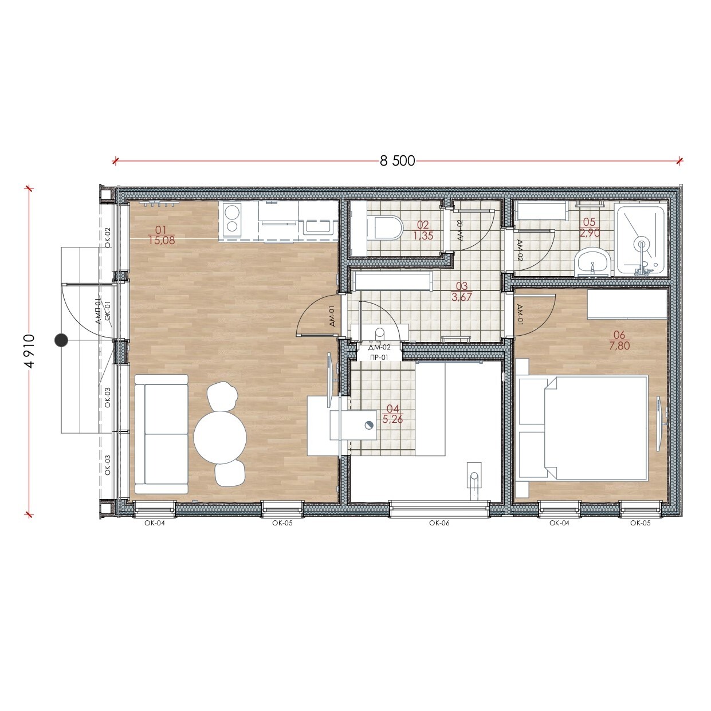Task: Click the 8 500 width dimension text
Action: click(x=398, y=161)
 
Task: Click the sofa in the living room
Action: click(x=161, y=434)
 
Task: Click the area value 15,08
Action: click(x=162, y=241)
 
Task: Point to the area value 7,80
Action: click(x=619, y=345)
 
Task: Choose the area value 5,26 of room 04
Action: click(x=392, y=419)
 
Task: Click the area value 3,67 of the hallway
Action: click(x=462, y=297)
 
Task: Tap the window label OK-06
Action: click(x=439, y=523)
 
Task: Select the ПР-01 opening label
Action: click(x=379, y=358)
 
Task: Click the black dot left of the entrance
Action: click(x=61, y=340)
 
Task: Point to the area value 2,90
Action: click(x=590, y=233)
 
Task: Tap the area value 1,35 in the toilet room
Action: click(x=423, y=235)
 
